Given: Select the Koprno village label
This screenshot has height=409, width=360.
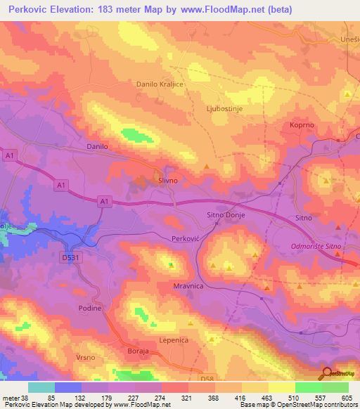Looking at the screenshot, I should (x=303, y=124).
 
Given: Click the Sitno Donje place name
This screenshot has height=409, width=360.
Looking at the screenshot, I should (x=224, y=214).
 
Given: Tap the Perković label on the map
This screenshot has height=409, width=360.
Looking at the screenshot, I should (x=186, y=239).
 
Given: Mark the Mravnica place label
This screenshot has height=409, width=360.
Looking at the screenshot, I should (x=188, y=287).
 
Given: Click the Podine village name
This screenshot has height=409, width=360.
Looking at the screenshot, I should (x=90, y=309).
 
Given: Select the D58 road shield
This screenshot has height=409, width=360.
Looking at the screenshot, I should (x=206, y=379).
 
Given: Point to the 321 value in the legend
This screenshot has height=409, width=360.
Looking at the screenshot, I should (x=186, y=397).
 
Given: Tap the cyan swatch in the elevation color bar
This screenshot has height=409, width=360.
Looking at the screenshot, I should (x=41, y=387).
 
